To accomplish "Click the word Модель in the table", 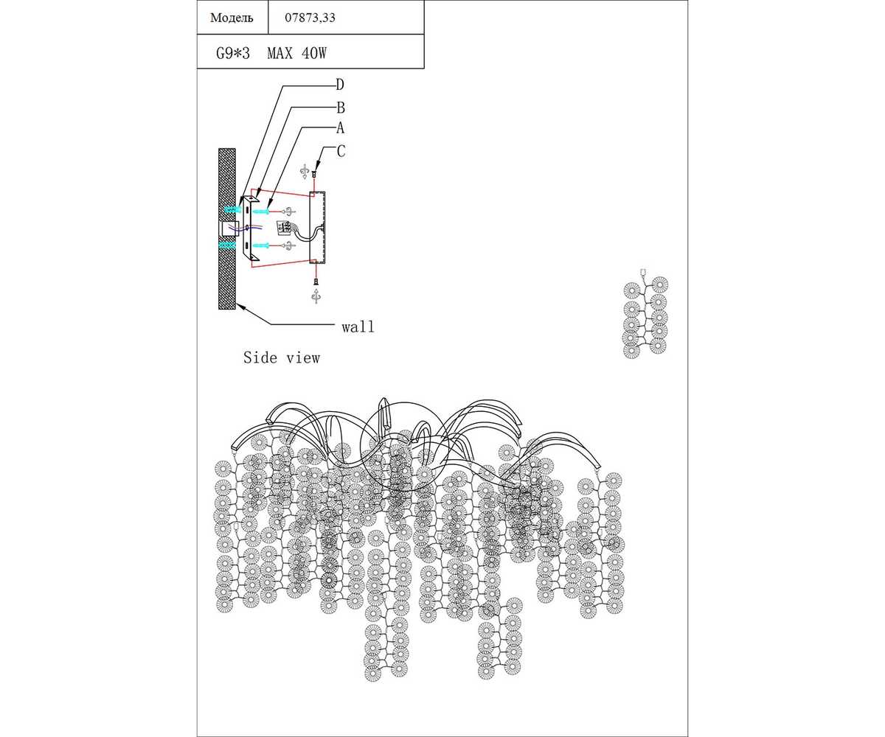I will click(232, 18).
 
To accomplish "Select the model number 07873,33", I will click(310, 18).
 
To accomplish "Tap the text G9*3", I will click(233, 53).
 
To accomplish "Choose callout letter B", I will click(340, 107).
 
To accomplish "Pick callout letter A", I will click(340, 128).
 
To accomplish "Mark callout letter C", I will click(340, 151).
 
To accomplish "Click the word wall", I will click(358, 326).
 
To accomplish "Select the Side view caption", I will click(282, 358).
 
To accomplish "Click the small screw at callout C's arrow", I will click(315, 175).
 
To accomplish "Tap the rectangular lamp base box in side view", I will click(319, 227).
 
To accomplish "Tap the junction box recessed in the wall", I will click(229, 228).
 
